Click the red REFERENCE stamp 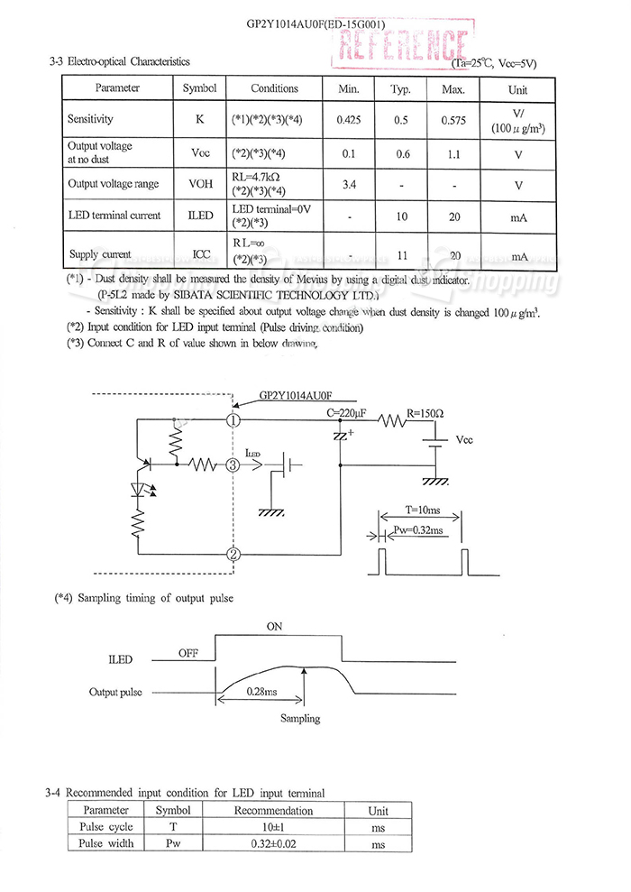click(402, 45)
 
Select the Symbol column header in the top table click(199, 88)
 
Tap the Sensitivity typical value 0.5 click(400, 120)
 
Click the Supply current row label click(99, 255)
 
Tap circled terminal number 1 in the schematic click(233, 419)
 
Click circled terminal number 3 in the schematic click(233, 465)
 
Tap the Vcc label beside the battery click(464, 441)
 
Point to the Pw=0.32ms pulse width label click(419, 530)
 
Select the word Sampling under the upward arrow click(300, 719)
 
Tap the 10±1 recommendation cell click(273, 827)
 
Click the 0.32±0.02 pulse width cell click(273, 844)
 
